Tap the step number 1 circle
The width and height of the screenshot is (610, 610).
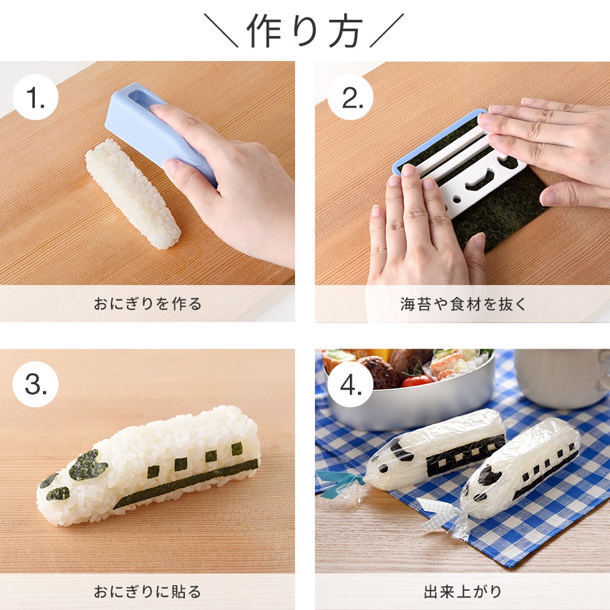click(x=35, y=98)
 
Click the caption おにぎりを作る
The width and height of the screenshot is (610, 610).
click(x=148, y=304)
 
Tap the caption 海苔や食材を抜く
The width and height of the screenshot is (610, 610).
click(x=462, y=304)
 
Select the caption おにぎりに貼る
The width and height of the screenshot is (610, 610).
click(x=148, y=591)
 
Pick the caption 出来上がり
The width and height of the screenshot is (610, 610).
click(x=462, y=591)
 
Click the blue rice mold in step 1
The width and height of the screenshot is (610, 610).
click(x=156, y=131)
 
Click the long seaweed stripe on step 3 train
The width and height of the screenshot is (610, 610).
click(x=187, y=482)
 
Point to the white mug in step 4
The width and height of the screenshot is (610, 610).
click(x=560, y=377)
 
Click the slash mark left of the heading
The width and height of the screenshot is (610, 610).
click(x=221, y=30)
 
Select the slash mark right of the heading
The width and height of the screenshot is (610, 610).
click(x=387, y=30)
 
